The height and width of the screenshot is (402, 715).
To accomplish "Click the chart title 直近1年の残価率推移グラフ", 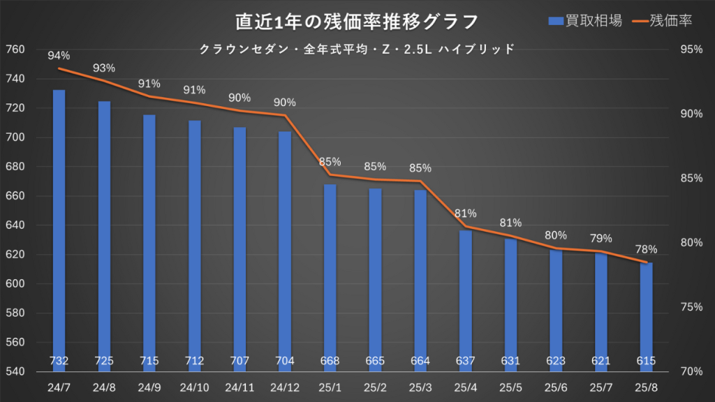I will pos(357,22).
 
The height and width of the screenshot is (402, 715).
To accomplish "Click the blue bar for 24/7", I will pos(59,223).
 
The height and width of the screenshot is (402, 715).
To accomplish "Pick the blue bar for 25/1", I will pos(330,272).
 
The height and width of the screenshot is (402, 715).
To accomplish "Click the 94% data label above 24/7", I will pos(59,56).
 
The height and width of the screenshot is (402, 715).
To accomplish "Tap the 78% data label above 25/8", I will pos(646,249).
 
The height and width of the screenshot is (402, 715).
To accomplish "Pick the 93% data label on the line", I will pos(104,68).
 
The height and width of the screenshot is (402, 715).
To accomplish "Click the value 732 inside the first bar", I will pos(59,361).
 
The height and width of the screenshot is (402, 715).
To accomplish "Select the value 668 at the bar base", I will pos(330,361).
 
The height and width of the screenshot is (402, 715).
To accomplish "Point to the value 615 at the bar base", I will pos(646,361).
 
